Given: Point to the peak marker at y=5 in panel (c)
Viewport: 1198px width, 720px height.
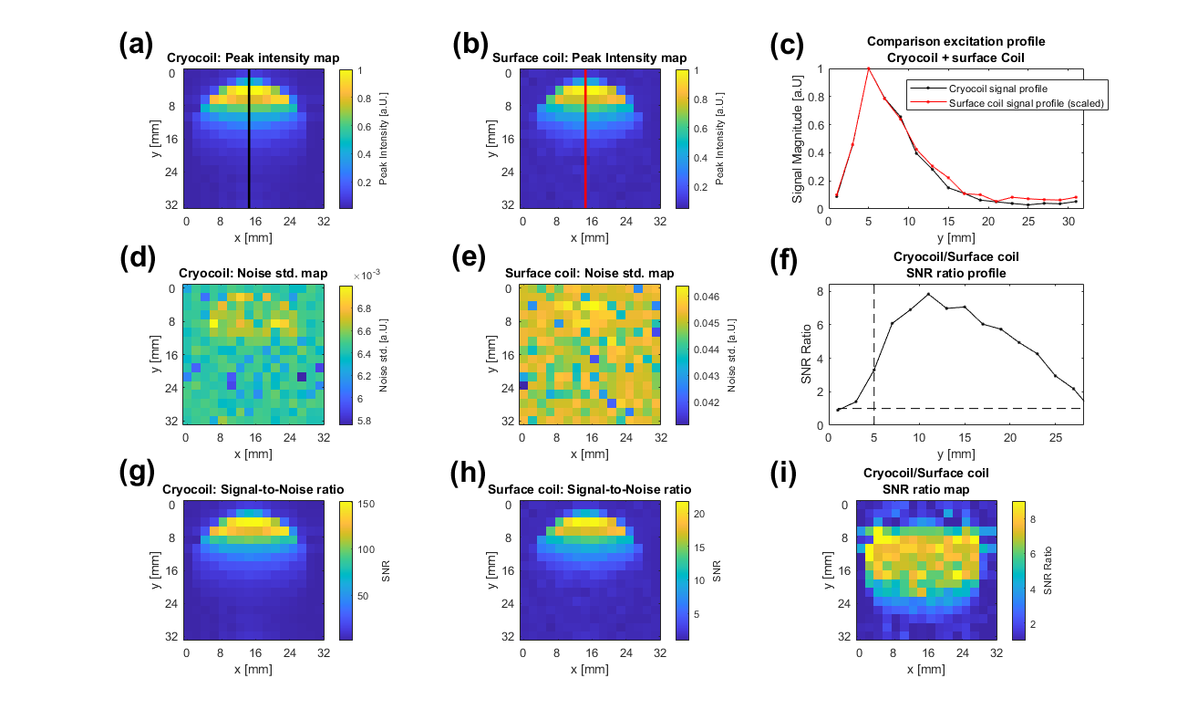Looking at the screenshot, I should [x=869, y=68].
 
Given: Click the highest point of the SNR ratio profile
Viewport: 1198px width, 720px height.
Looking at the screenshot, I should [x=929, y=294].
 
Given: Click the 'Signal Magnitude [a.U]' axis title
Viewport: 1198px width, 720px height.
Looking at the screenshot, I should [x=797, y=138].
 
